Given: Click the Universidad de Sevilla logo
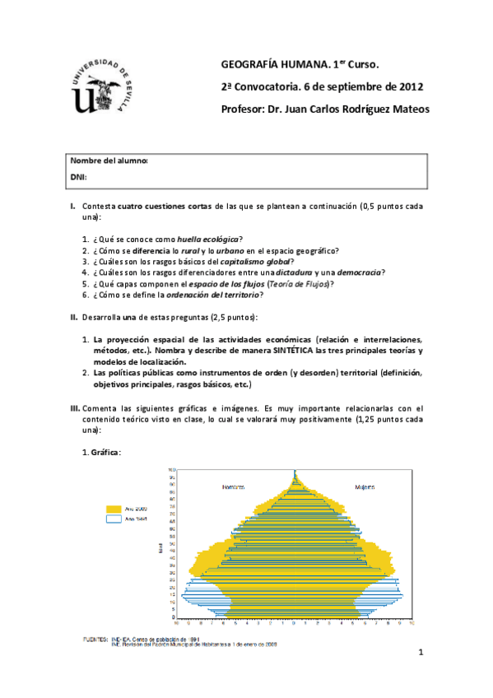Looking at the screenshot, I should tap(105, 87).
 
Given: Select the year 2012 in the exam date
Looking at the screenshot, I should tap(410, 86).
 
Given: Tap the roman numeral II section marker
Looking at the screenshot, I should tap(74, 317).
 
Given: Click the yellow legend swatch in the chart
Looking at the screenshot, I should tap(113, 508).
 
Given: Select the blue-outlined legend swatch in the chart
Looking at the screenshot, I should tap(113, 519).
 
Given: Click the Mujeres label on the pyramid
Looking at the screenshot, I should tap(365, 487).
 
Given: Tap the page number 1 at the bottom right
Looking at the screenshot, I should tap(419, 653).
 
